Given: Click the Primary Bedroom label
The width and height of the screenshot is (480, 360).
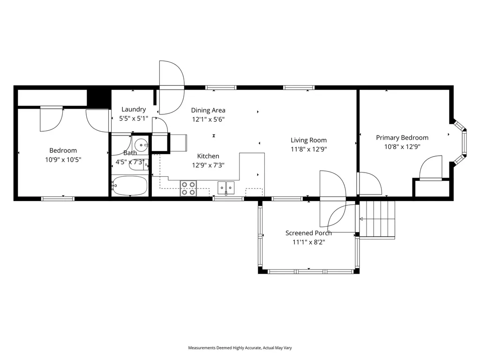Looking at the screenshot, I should click(402, 138).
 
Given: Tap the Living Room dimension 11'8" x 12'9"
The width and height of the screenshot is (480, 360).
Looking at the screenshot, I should click(308, 149).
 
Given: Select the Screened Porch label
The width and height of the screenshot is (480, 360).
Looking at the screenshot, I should click(308, 233).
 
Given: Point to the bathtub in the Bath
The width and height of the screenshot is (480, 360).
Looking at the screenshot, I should click(130, 186).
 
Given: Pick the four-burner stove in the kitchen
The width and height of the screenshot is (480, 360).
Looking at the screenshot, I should click(188, 188).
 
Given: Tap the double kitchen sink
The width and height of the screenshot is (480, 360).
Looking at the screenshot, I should click(226, 188).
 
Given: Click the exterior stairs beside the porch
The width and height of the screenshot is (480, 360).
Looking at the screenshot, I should click(377, 219).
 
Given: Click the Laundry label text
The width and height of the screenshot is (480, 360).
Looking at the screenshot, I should click(134, 110).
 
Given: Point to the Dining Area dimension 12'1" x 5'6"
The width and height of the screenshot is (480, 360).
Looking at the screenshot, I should click(208, 119).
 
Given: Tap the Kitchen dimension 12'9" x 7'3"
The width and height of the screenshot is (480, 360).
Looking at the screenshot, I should click(208, 165).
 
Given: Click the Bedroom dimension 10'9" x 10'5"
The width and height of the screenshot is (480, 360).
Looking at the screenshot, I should click(63, 159).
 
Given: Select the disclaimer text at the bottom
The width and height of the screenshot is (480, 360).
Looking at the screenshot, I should click(240, 348).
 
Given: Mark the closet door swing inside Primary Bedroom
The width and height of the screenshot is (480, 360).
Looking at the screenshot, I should click(430, 169).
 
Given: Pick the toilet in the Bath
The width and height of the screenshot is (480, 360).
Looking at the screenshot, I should click(139, 164).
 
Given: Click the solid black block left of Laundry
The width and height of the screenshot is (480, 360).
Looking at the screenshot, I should click(99, 97).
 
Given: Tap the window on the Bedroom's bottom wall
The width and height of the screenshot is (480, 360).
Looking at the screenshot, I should click(58, 199).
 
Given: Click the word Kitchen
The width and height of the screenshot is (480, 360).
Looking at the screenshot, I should click(208, 156).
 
